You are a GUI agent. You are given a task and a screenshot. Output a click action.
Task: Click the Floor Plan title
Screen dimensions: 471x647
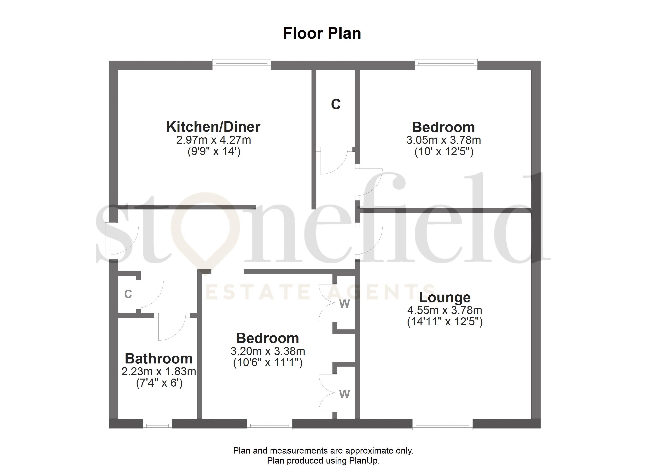(322, 33)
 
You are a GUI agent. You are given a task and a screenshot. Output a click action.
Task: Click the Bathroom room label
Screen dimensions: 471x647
(159, 359)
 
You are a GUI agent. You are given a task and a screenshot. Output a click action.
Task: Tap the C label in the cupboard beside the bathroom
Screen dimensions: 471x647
(128, 294)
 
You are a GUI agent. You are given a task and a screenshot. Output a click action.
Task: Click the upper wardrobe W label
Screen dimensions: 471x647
(344, 304)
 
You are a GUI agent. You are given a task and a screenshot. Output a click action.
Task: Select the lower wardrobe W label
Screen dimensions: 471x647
(344, 394)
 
